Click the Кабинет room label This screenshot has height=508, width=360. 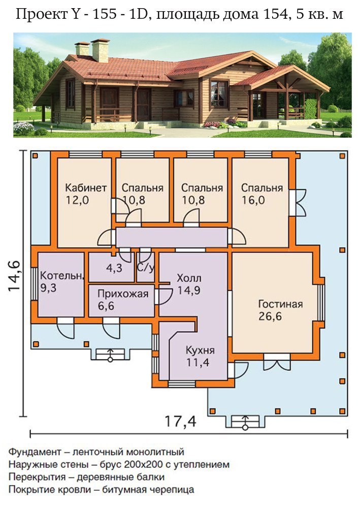click(86, 188)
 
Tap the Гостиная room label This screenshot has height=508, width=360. click(280, 304)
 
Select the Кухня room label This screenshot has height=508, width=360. click(200, 350)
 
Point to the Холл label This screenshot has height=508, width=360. click(189, 278)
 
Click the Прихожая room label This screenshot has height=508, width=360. click(123, 294)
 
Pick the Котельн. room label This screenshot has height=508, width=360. click(62, 276)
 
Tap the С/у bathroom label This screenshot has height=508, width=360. click(146, 268)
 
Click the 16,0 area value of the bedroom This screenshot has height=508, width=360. click(253, 200)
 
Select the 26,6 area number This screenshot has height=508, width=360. click(270, 316)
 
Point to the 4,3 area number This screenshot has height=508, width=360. click(114, 268)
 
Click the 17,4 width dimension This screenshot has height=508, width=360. click(180, 422)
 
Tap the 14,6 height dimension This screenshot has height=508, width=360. click(15, 276)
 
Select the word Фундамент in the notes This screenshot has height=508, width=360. click(35, 452)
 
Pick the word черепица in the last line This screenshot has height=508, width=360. click(172, 490)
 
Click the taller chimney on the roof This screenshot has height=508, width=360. click(100, 50)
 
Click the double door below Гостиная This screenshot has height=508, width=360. click(277, 362)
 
